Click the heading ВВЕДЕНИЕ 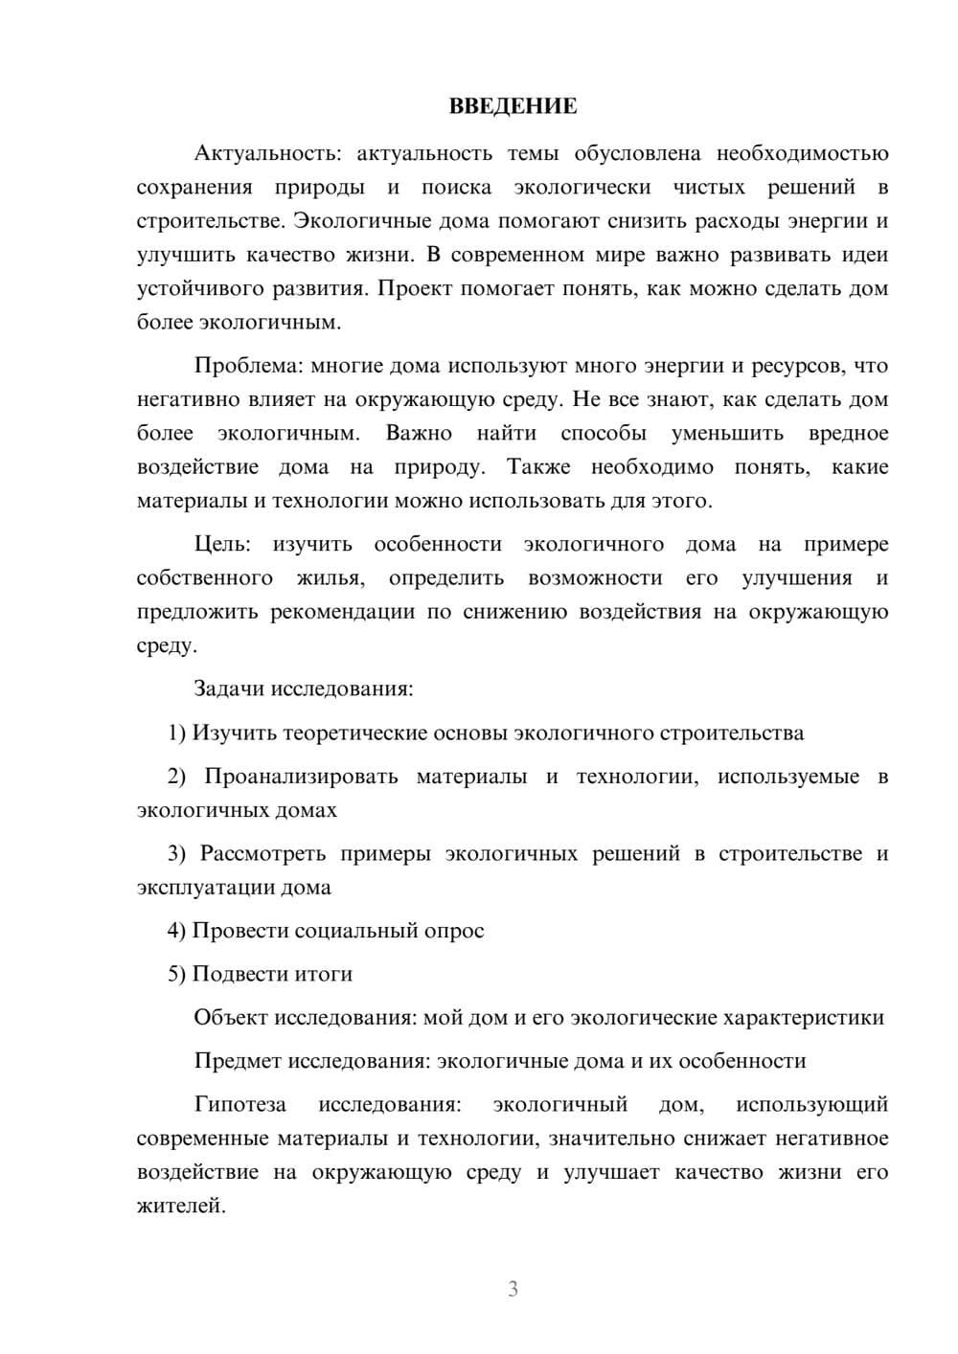(513, 106)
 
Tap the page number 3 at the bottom (513, 1289)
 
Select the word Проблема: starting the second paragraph (246, 366)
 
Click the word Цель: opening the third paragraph (222, 545)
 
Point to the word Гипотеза (239, 1105)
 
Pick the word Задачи (230, 688)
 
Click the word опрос (454, 931)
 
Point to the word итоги (323, 974)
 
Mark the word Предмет (237, 1061)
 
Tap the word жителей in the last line (181, 1207)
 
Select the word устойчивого (197, 289)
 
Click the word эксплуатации (205, 888)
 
